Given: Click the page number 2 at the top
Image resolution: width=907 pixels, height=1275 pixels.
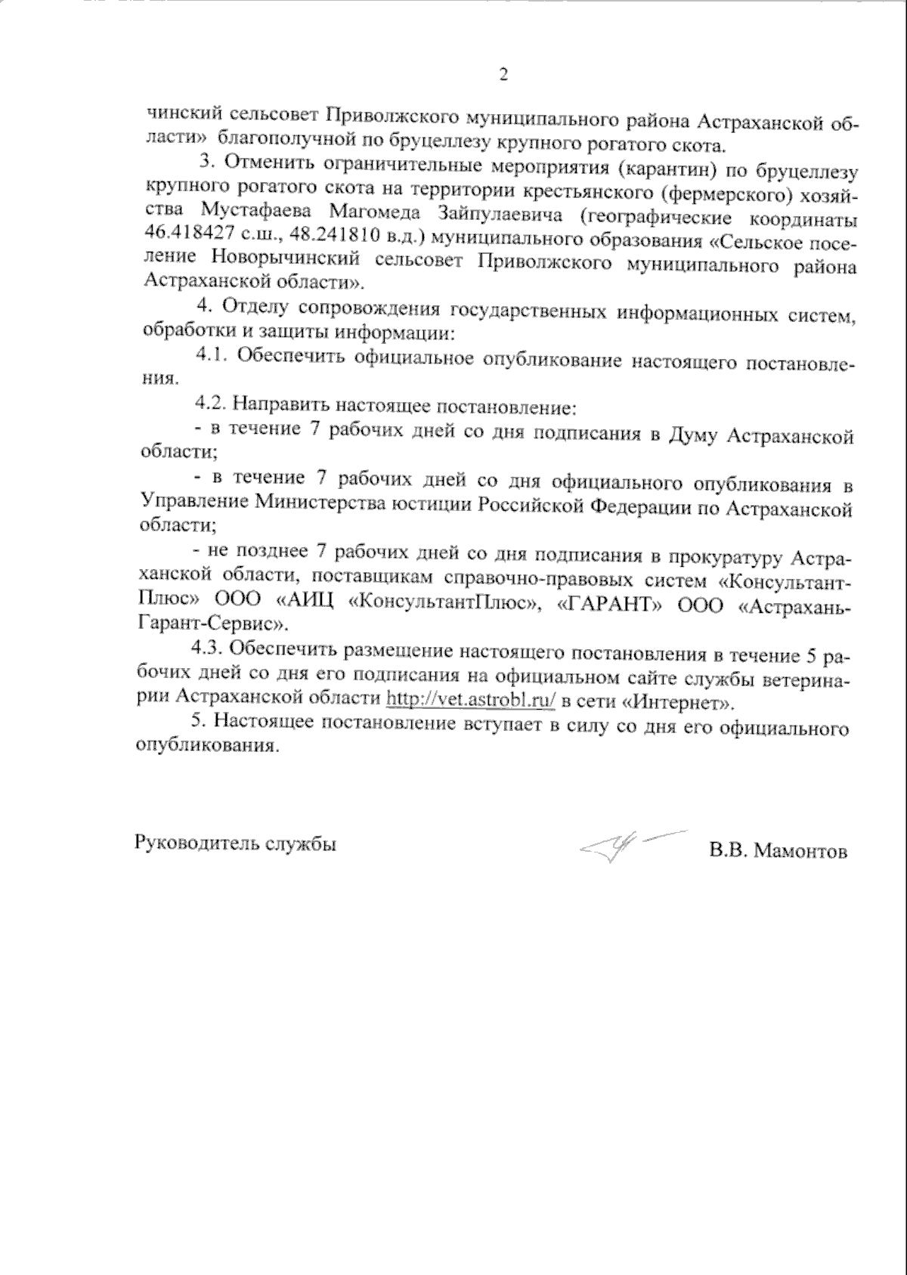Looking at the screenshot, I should (503, 74).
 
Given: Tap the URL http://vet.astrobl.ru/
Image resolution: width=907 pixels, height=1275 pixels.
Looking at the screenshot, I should (471, 699).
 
